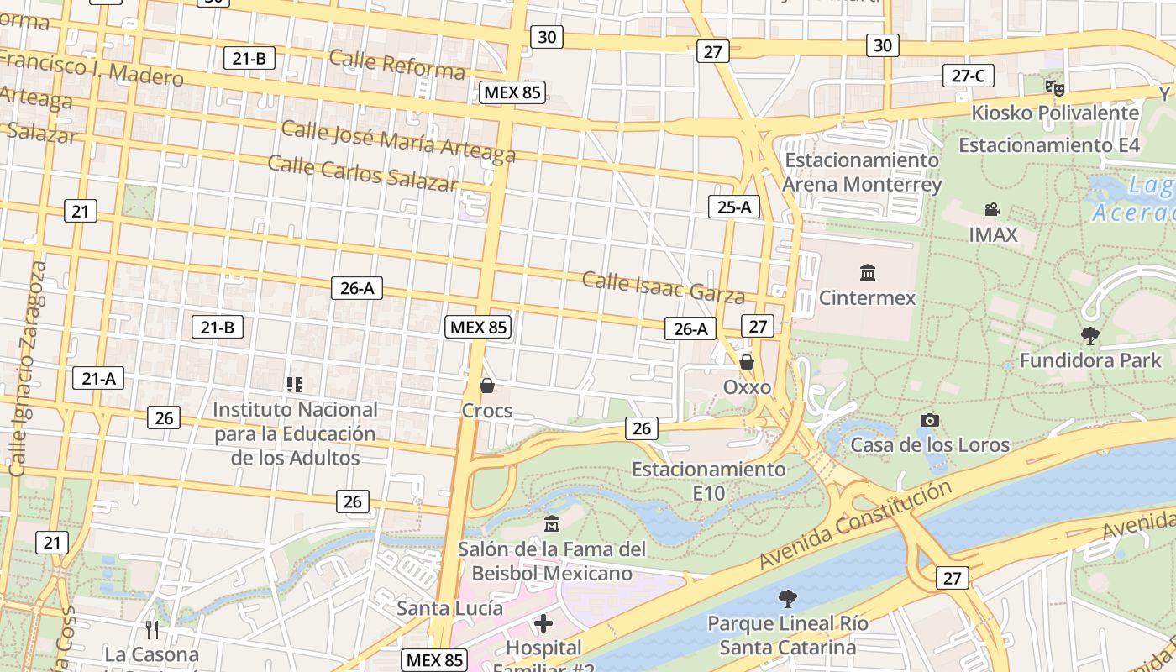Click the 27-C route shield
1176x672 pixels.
(x=968, y=76)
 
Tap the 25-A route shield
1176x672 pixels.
(x=733, y=207)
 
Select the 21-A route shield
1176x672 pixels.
(x=98, y=379)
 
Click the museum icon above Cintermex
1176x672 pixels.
(x=867, y=272)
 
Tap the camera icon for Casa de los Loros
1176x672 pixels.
(x=929, y=420)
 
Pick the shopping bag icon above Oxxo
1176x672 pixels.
(x=746, y=362)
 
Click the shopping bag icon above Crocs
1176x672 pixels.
(x=486, y=386)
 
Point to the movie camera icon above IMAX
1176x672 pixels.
(x=992, y=209)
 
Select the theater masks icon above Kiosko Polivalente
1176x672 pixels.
(x=1054, y=87)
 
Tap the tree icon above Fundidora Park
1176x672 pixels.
(x=1089, y=336)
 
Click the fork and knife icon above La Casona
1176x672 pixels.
(x=152, y=629)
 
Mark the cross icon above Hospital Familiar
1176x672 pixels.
(x=543, y=623)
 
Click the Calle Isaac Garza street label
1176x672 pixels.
(x=664, y=287)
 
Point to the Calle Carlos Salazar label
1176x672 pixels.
(x=363, y=173)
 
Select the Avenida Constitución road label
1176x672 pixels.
(x=856, y=525)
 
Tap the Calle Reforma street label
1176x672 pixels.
(x=396, y=64)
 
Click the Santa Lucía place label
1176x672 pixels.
(x=450, y=607)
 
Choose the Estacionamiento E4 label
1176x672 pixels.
(x=1048, y=145)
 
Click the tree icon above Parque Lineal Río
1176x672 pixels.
(x=787, y=598)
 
